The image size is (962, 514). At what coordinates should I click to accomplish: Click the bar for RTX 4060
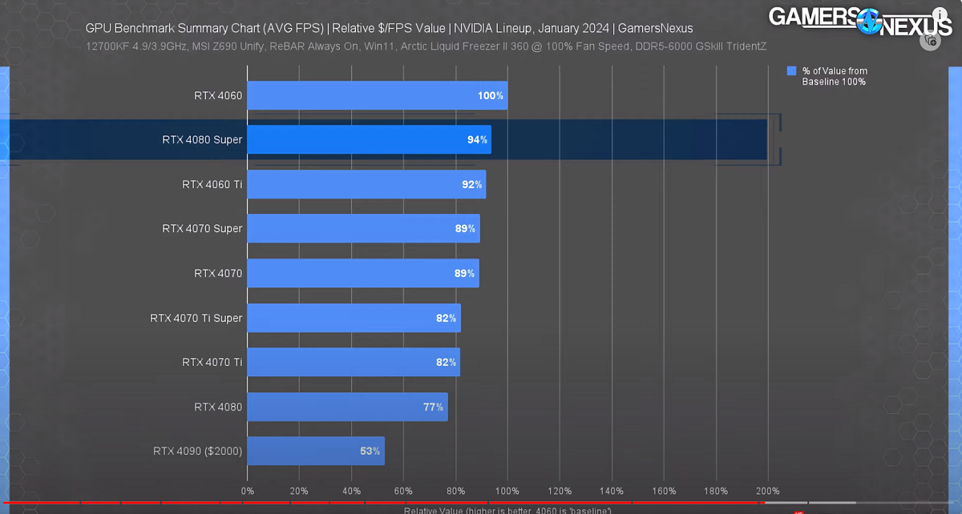pyautogui.click(x=377, y=95)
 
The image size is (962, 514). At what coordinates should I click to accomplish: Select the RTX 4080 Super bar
pyautogui.click(x=369, y=139)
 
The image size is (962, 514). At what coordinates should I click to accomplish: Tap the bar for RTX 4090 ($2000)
pyautogui.click(x=316, y=451)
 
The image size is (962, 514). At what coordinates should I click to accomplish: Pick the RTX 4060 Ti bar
pyautogui.click(x=366, y=184)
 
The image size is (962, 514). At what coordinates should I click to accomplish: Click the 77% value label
pyautogui.click(x=433, y=407)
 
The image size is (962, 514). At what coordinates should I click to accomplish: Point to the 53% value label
pyautogui.click(x=370, y=451)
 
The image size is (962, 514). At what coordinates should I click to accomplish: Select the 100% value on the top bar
pyautogui.click(x=491, y=95)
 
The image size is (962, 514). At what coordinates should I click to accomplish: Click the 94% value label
pyautogui.click(x=478, y=139)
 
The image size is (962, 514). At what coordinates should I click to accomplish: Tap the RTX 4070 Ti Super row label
pyautogui.click(x=196, y=318)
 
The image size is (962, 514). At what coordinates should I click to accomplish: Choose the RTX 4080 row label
pyautogui.click(x=218, y=407)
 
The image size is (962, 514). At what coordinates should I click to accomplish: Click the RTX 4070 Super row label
pyautogui.click(x=202, y=228)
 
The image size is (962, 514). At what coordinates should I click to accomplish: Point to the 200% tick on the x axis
pyautogui.click(x=767, y=491)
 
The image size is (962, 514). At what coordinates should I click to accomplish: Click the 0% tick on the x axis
pyautogui.click(x=247, y=491)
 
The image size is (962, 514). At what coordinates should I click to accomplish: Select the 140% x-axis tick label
pyautogui.click(x=612, y=491)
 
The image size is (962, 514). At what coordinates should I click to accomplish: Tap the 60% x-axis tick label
pyautogui.click(x=403, y=491)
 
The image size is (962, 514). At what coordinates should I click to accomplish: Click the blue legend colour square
pyautogui.click(x=792, y=71)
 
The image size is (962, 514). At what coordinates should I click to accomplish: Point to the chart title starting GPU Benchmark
pyautogui.click(x=389, y=28)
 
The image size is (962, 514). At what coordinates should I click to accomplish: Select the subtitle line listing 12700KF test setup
pyautogui.click(x=426, y=46)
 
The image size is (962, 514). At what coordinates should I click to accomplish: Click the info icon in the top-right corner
pyautogui.click(x=939, y=14)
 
